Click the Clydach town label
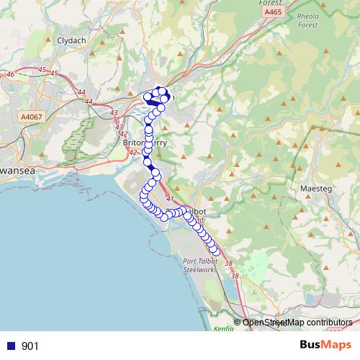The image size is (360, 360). (x=72, y=42)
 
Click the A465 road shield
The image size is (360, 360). (x=273, y=12)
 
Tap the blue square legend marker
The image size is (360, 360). (x=11, y=346)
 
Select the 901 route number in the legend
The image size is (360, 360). (x=30, y=346)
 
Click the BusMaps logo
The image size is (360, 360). (x=320, y=346)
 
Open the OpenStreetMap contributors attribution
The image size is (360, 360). (x=297, y=323)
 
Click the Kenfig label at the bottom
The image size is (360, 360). (x=224, y=328)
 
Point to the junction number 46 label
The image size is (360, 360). (x=10, y=75)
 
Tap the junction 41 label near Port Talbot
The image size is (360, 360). (x=170, y=199)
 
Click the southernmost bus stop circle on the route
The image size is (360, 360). (x=213, y=250)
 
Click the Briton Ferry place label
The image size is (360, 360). (x=145, y=143)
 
